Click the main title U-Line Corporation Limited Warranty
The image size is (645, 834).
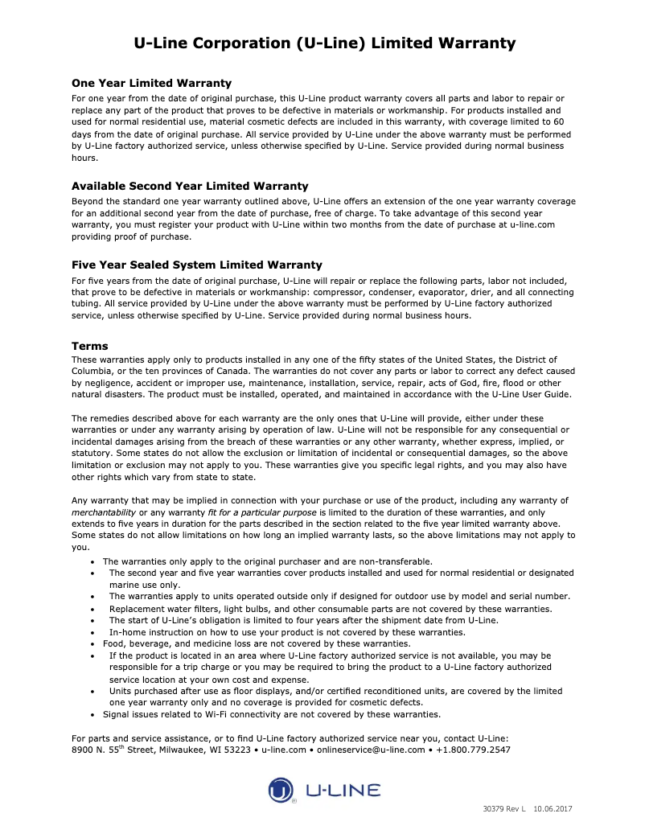pyautogui.click(x=324, y=43)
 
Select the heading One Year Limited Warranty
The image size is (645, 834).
pyautogui.click(x=151, y=83)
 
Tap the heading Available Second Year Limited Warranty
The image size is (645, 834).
pyautogui.click(x=190, y=186)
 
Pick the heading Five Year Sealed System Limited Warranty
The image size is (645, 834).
pyautogui.click(x=197, y=265)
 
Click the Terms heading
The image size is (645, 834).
pyautogui.click(x=89, y=346)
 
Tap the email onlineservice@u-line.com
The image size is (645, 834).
pyautogui.click(x=371, y=750)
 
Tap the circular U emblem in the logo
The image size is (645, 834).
pyautogui.click(x=281, y=790)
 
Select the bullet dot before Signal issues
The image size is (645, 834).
pyautogui.click(x=96, y=715)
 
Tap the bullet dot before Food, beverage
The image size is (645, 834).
pyautogui.click(x=96, y=644)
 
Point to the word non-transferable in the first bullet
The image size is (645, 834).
pyautogui.click(x=392, y=561)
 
